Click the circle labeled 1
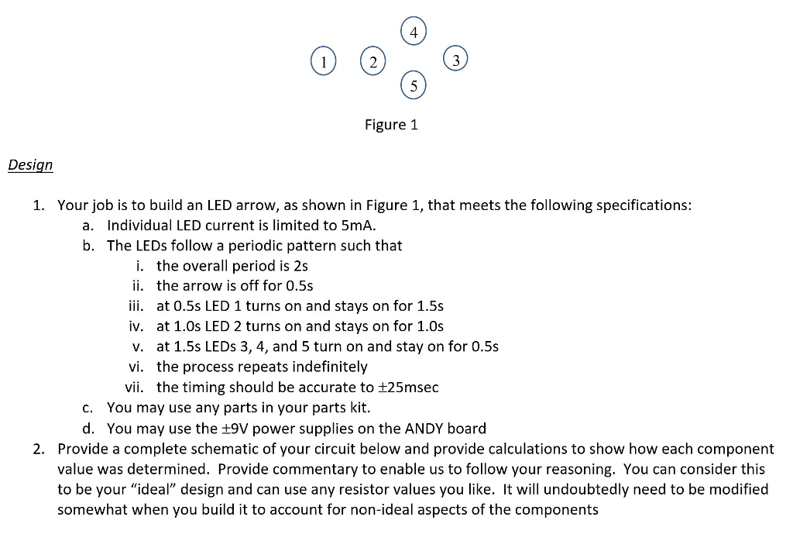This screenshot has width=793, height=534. tap(324, 62)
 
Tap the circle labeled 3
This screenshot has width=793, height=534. tap(456, 60)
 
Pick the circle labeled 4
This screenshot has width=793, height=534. tap(414, 33)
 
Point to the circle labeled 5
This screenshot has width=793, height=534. tap(414, 86)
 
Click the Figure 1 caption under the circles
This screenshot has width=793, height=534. tap(391, 125)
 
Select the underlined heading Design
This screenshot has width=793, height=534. tap(30, 165)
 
